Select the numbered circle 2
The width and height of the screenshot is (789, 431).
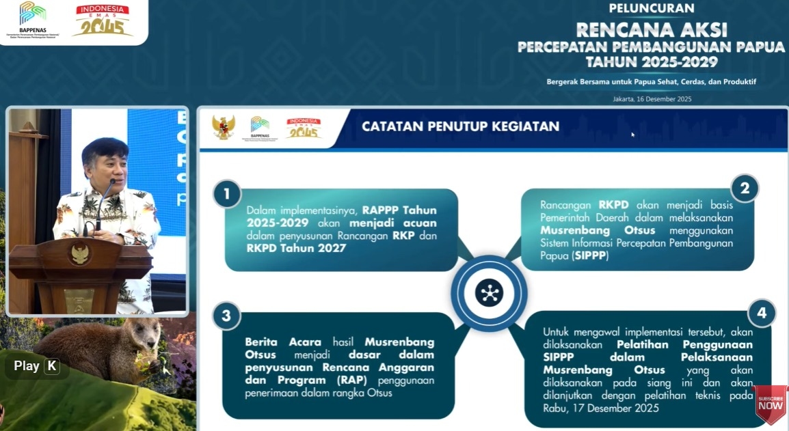pyautogui.click(x=744, y=188)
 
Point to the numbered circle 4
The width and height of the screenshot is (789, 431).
pyautogui.click(x=761, y=314)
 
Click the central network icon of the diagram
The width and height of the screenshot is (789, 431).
pyautogui.click(x=489, y=293)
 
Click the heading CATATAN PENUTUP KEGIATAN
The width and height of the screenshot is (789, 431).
pyautogui.click(x=460, y=126)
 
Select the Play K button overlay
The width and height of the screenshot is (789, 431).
pyautogui.click(x=36, y=366)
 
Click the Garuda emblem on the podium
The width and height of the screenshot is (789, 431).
pyautogui.click(x=80, y=253)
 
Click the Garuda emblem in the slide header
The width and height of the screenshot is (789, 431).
pyautogui.click(x=224, y=127)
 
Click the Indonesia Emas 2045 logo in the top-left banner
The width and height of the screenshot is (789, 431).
pyautogui.click(x=103, y=20)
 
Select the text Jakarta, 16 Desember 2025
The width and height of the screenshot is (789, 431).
pyautogui.click(x=652, y=99)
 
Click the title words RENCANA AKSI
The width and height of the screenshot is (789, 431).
pyautogui.click(x=652, y=30)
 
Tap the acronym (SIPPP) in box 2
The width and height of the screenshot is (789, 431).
pyautogui.click(x=589, y=256)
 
